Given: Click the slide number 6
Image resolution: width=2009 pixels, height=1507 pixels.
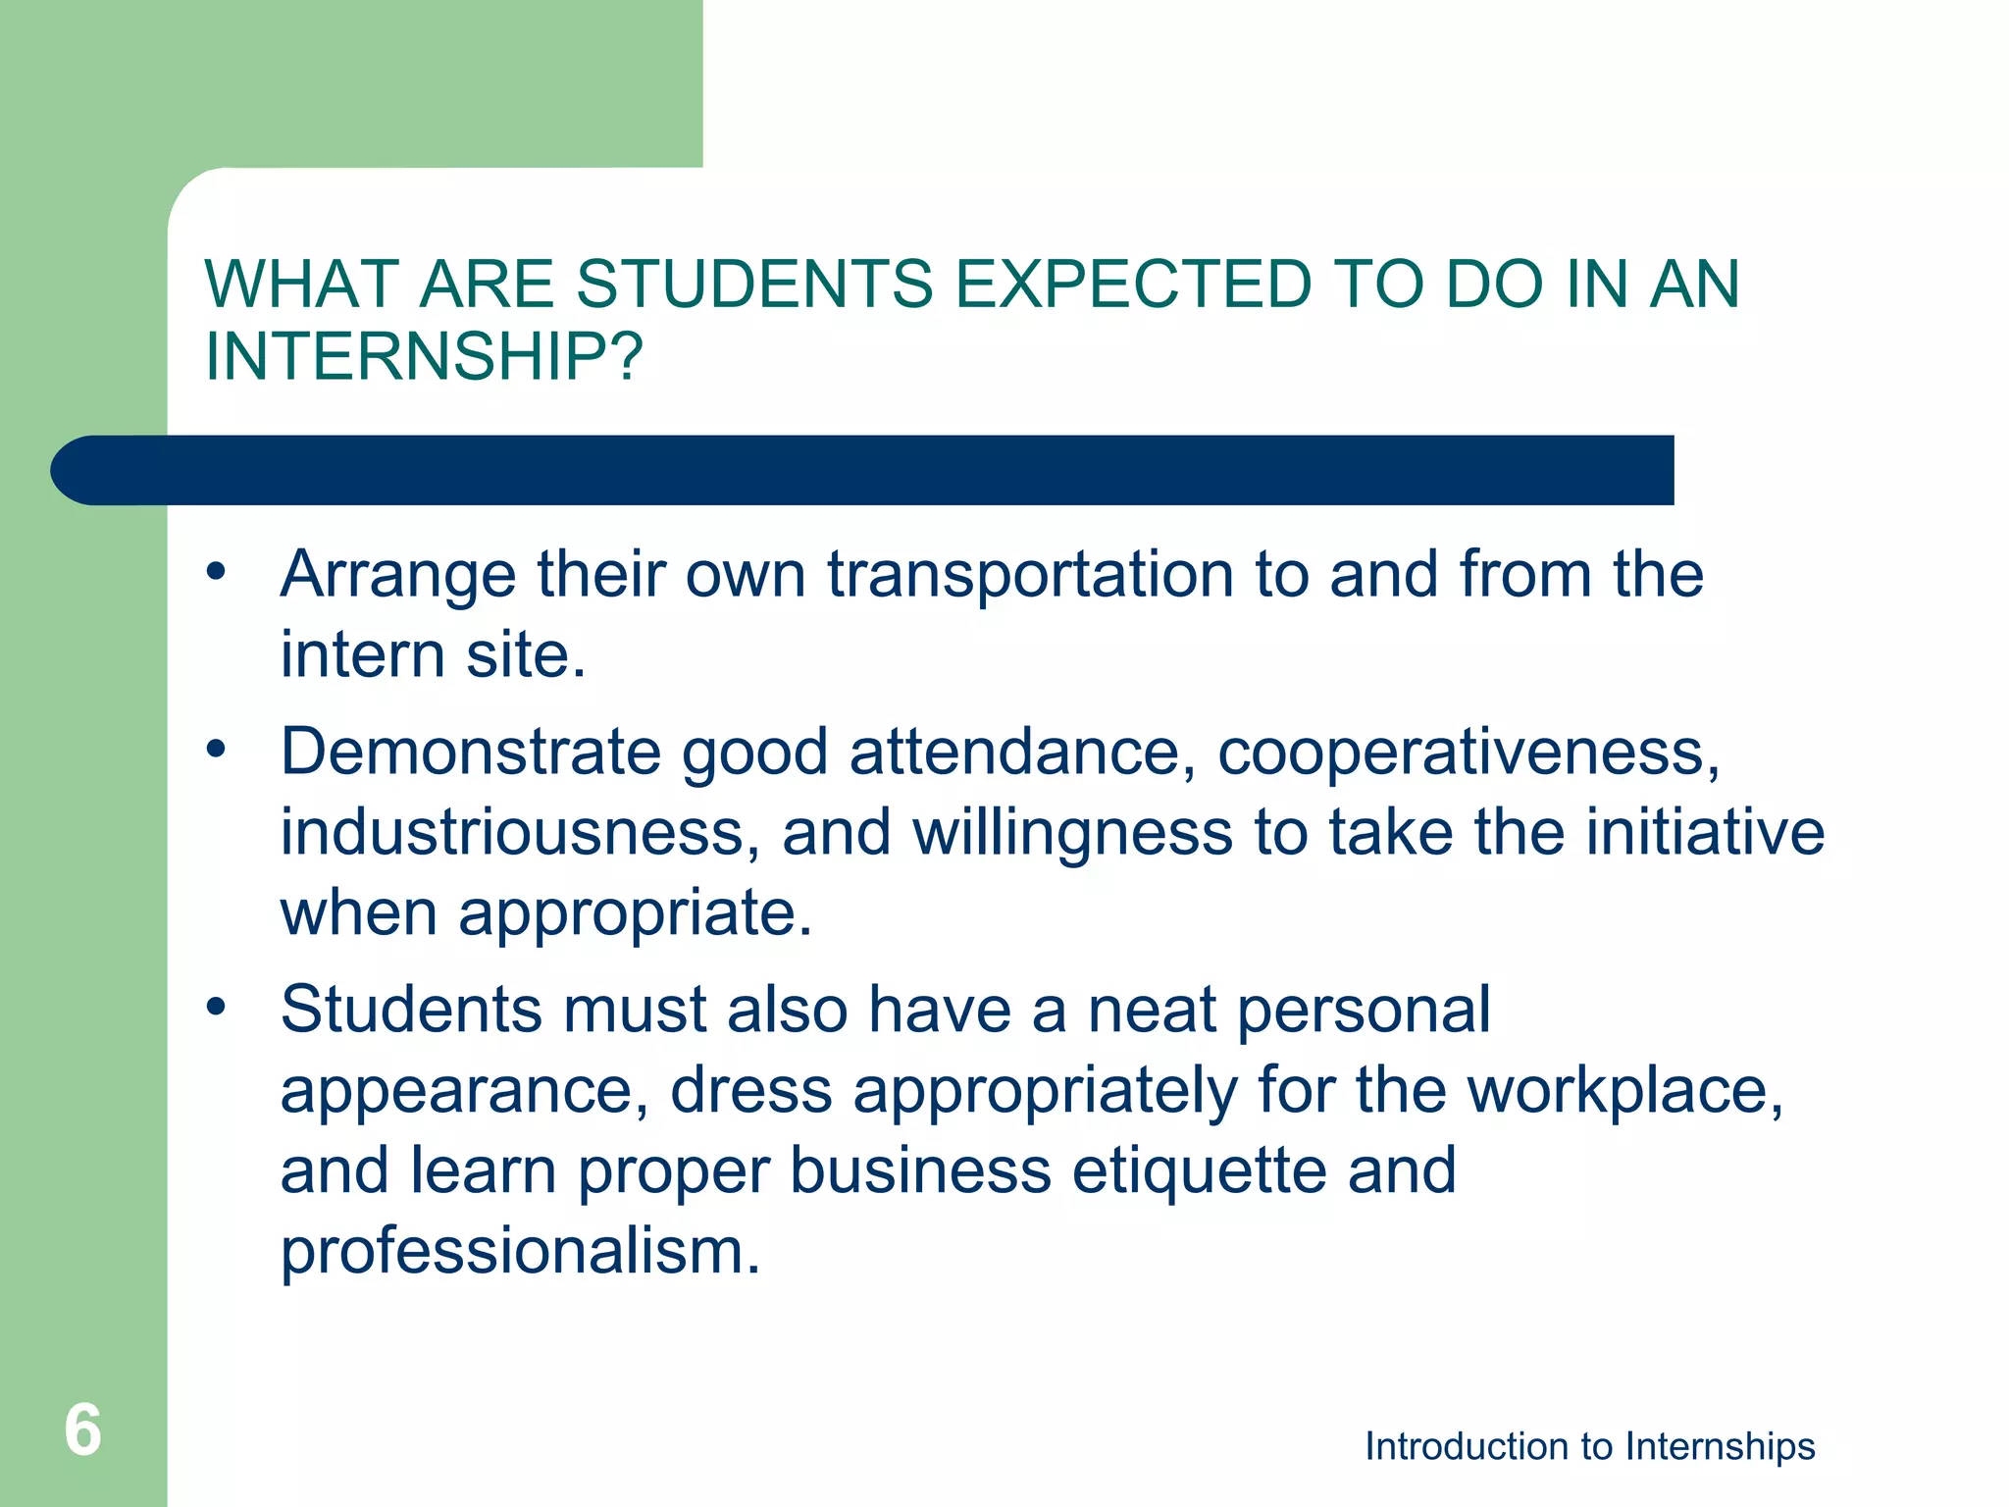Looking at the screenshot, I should click(x=82, y=1429).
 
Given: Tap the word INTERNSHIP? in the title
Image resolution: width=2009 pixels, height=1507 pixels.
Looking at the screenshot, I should click(x=424, y=356).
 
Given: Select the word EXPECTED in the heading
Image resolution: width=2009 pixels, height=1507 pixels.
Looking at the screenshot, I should click(x=1133, y=285).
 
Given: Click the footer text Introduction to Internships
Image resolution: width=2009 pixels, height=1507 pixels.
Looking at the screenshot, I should click(x=1589, y=1446).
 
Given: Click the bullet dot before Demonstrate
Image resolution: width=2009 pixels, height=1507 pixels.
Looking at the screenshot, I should click(x=216, y=751).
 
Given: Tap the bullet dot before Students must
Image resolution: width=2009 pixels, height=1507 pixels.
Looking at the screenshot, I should click(x=216, y=1008).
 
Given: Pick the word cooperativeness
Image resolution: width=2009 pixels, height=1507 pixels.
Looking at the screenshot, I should click(x=1468, y=753).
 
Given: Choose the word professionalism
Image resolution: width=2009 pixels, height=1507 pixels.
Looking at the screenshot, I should click(x=520, y=1253).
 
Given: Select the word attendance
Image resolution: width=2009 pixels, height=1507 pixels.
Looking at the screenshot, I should click(x=1022, y=753).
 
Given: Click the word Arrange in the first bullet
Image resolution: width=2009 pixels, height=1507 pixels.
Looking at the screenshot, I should click(x=397, y=576).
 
